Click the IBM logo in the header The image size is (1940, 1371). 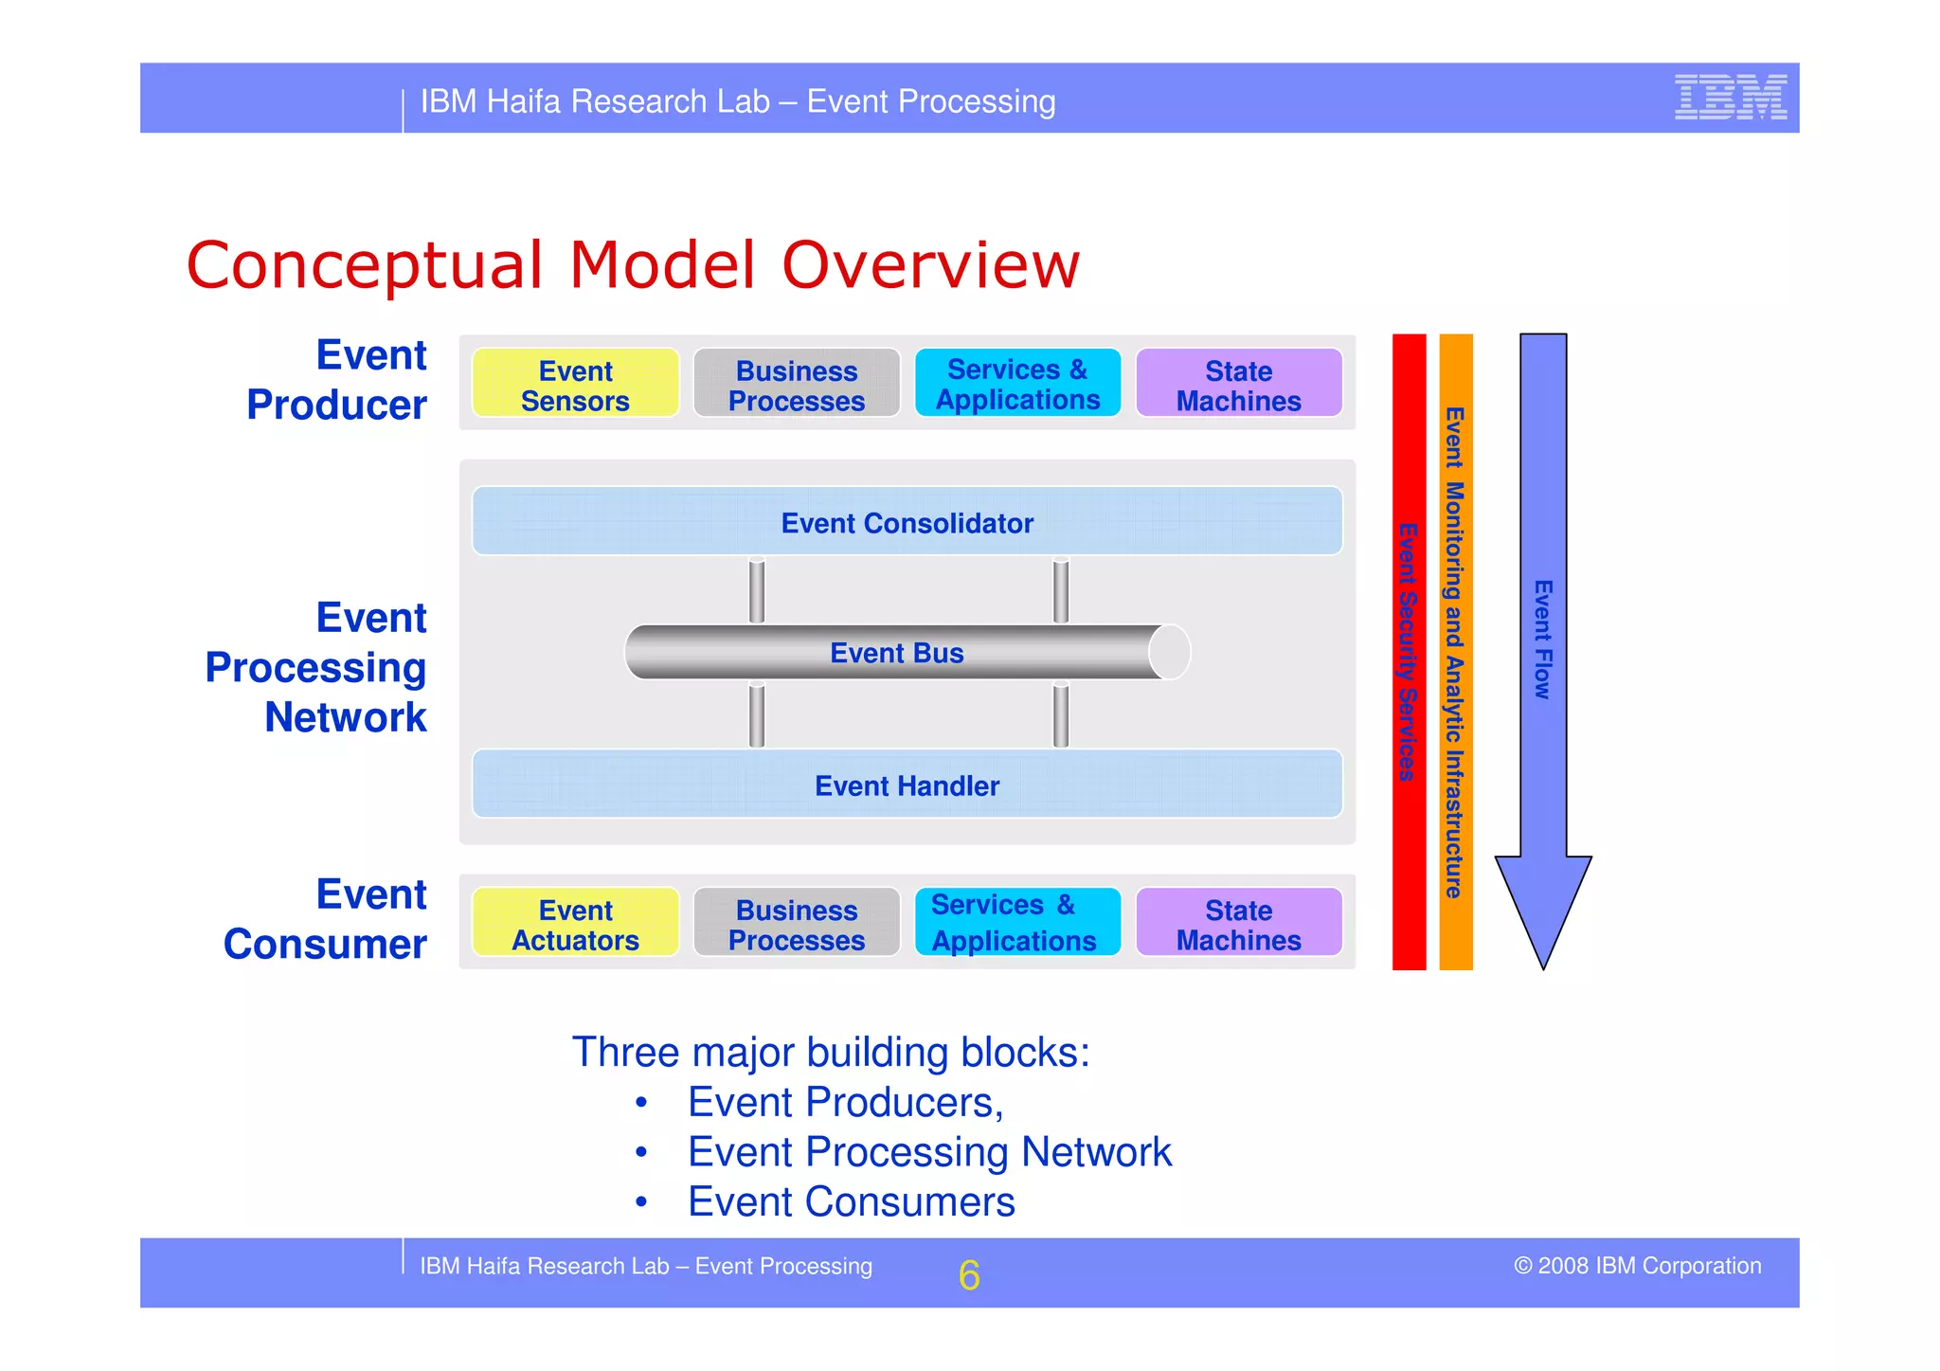(1730, 97)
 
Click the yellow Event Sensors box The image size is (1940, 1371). (575, 384)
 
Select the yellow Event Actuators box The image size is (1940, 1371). (575, 923)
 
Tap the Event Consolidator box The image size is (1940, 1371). (907, 522)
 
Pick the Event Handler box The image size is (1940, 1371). (907, 785)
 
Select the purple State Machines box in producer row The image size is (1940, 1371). (1238, 384)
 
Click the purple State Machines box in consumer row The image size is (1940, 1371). (1238, 923)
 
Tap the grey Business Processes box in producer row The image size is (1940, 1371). (796, 384)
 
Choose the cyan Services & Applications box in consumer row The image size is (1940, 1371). (1016, 923)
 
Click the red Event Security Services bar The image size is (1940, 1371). (1409, 652)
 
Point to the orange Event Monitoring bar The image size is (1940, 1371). (1455, 652)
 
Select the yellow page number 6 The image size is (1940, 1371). (968, 1274)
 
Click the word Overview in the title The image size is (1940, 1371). (930, 265)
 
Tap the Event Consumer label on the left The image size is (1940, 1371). (325, 919)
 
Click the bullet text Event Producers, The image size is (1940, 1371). (845, 1103)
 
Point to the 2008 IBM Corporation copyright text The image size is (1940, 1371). (1637, 1266)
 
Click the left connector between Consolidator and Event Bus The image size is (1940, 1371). (756, 590)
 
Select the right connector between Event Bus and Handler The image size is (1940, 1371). (1061, 715)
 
